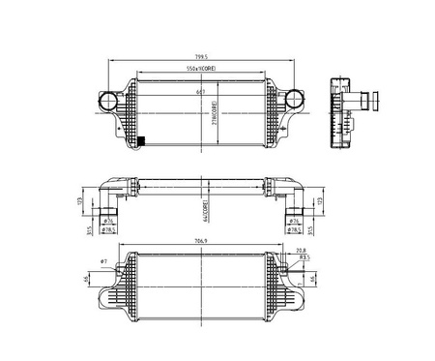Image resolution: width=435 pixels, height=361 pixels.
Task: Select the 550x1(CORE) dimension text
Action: click(x=202, y=70)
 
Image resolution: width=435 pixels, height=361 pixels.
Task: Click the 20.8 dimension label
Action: click(x=301, y=251)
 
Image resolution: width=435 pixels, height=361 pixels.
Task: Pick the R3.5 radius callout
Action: click(x=304, y=259)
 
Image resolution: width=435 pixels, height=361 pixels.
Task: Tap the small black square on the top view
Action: click(x=142, y=142)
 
